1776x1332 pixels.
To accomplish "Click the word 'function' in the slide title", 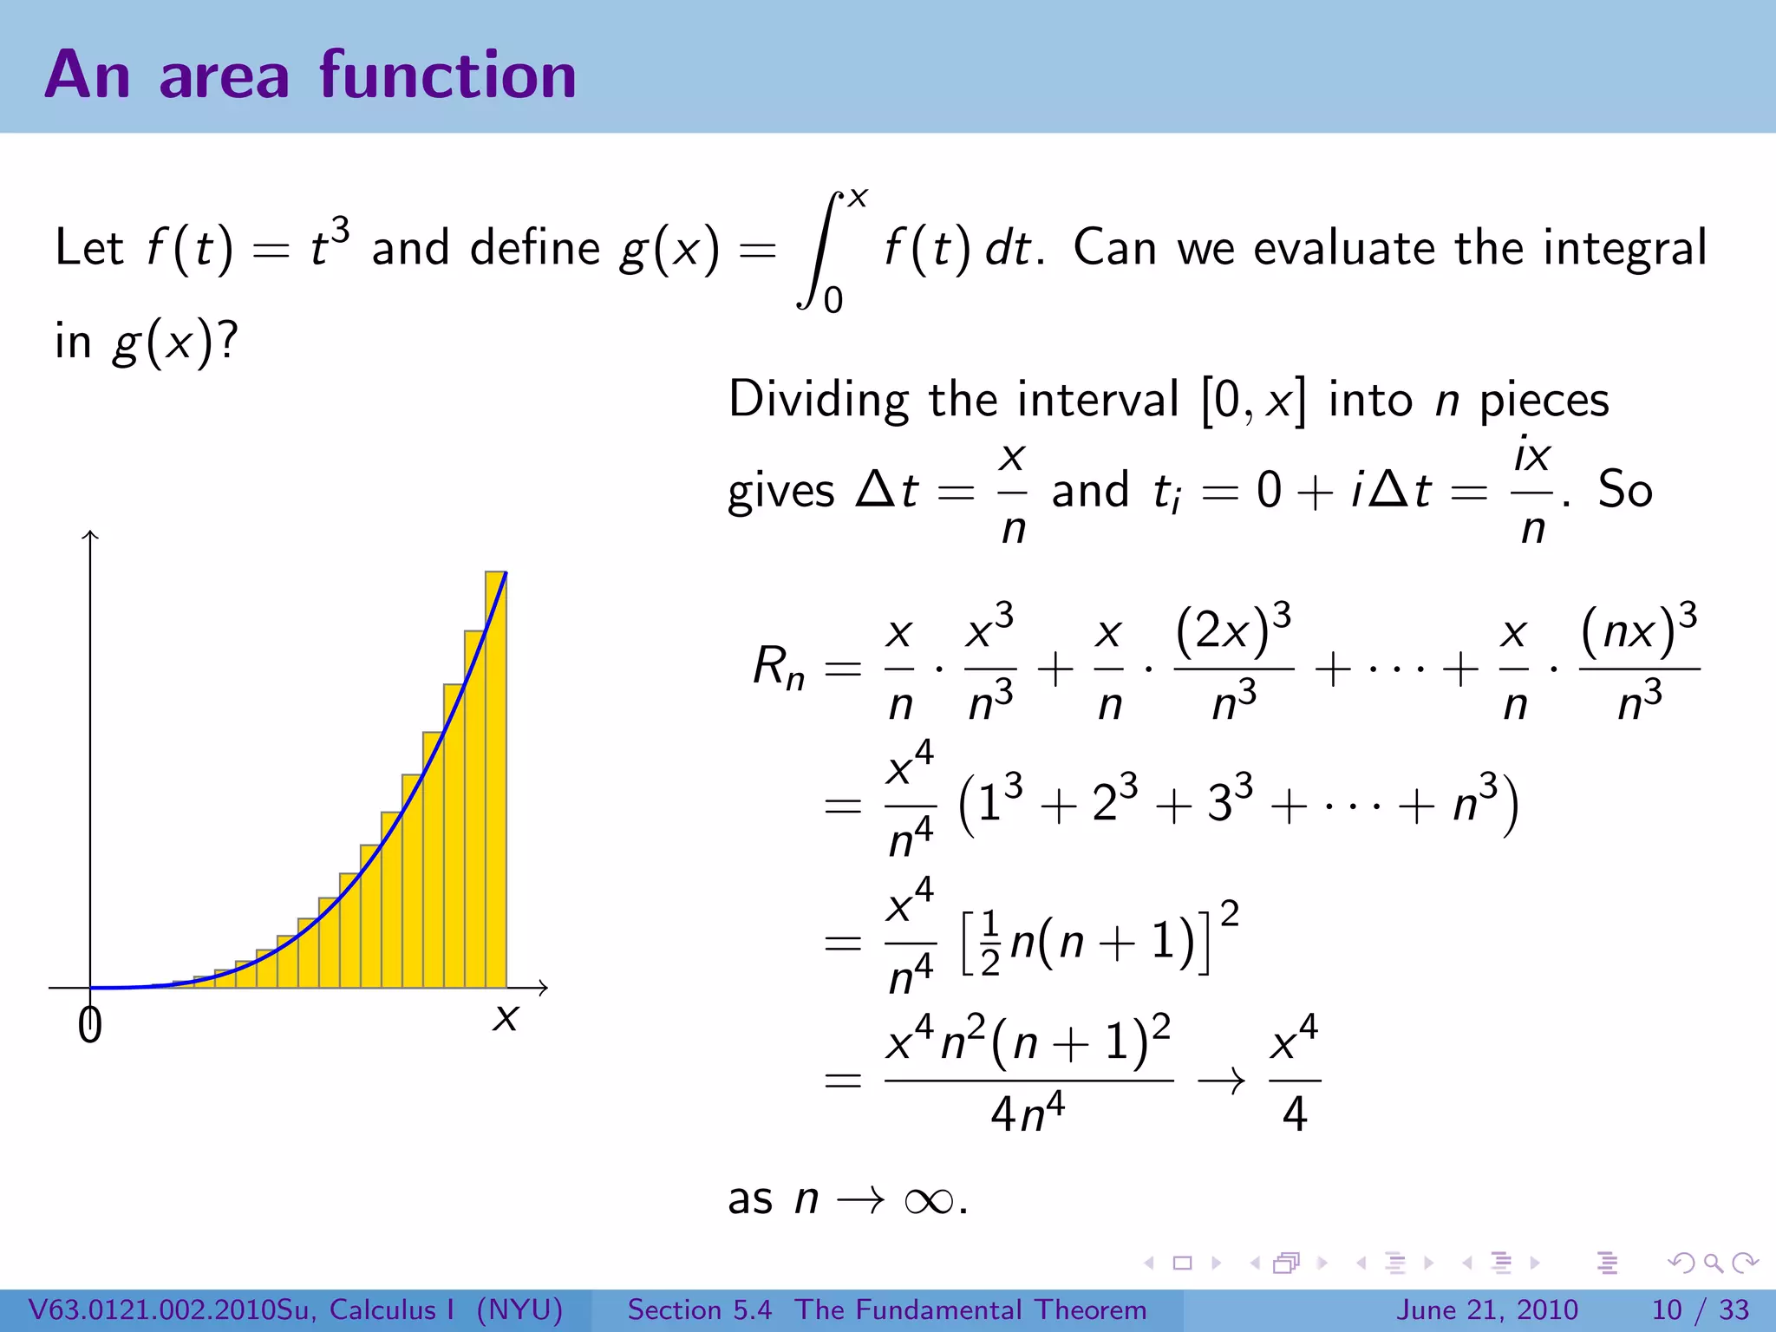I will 447,75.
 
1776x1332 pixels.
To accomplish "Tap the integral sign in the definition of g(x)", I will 819,250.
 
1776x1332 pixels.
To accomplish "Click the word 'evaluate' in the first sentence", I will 1346,249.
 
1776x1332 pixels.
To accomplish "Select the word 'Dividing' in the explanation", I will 819,401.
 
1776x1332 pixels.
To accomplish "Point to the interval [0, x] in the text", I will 1252,402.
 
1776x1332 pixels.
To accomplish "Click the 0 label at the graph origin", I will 89,1025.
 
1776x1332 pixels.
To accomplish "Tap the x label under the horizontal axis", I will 505,1017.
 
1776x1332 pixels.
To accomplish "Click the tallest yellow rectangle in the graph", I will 495,780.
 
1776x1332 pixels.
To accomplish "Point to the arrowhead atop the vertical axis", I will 90,535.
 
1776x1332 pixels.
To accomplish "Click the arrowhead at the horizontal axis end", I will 543,987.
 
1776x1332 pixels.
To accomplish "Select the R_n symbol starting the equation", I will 778,668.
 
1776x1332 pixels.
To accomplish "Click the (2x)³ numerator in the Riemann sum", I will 1233,630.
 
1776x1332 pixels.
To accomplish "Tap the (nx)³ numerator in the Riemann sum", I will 1639,630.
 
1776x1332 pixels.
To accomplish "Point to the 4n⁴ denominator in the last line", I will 1028,1114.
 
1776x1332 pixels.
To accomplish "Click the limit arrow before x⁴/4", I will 1221,1081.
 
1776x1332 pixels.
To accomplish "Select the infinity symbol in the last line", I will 928,1201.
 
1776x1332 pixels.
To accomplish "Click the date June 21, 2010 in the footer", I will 1486,1309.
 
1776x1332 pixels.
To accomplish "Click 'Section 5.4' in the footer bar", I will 699,1309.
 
